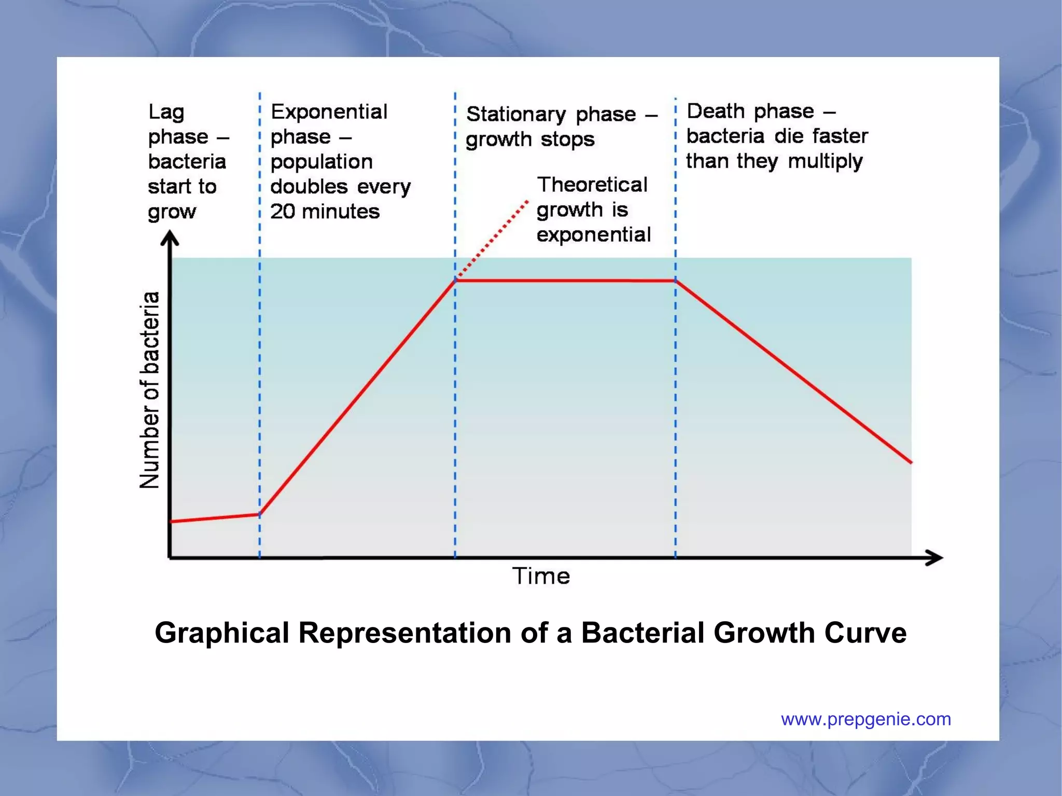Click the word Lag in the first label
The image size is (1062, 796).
166,112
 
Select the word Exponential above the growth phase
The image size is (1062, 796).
329,111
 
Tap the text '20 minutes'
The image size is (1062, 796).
325,211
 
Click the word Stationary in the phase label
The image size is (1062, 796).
515,114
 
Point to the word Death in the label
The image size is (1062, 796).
716,111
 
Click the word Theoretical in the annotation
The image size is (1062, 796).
592,185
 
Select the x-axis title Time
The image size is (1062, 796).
541,576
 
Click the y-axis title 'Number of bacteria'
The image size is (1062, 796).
149,389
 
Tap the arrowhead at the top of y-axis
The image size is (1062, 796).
170,238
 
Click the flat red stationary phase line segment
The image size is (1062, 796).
565,281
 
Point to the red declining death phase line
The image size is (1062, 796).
793,371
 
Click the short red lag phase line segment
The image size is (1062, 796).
215,518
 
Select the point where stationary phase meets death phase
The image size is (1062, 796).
676,281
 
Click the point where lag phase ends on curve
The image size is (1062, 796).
260,514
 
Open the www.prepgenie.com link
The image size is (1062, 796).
865,719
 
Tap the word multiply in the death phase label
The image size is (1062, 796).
825,161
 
